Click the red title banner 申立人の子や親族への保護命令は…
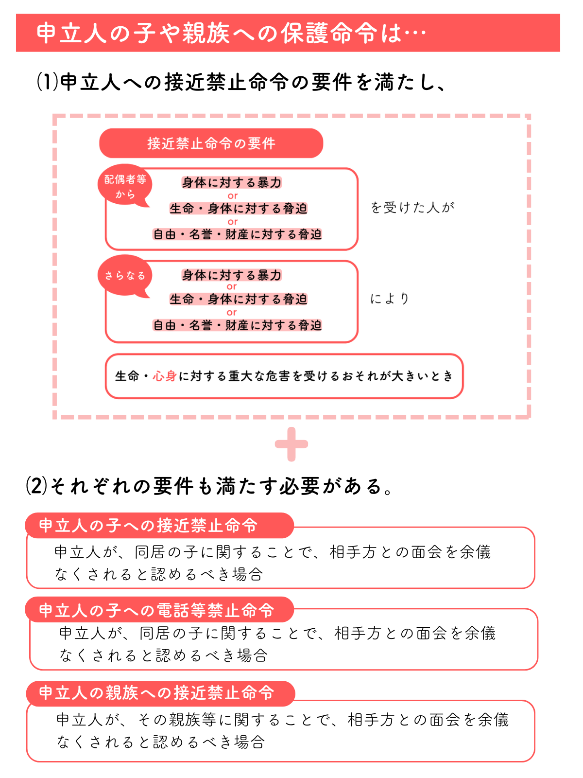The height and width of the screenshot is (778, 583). (x=288, y=33)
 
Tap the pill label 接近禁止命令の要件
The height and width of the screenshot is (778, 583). (x=211, y=143)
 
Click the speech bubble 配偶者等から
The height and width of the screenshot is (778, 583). (x=125, y=186)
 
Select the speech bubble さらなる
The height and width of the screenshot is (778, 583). (x=125, y=276)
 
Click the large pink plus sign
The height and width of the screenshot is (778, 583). (x=291, y=444)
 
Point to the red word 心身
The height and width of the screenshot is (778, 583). (x=165, y=376)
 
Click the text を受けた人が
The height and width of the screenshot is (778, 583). (x=412, y=207)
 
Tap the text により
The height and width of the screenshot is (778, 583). (x=390, y=299)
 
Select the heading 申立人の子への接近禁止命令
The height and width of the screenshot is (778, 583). (x=148, y=525)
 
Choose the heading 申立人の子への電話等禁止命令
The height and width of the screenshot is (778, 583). (x=156, y=610)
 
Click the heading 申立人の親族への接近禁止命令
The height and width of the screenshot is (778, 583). (x=156, y=692)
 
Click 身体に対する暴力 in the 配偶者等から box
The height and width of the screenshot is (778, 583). (x=232, y=182)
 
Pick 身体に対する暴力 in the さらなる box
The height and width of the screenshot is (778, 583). (x=232, y=275)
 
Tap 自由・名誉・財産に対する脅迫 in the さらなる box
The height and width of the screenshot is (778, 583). (x=237, y=325)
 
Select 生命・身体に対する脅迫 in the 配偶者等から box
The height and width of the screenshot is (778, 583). (x=238, y=209)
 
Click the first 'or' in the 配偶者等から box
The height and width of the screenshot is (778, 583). (x=233, y=195)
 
